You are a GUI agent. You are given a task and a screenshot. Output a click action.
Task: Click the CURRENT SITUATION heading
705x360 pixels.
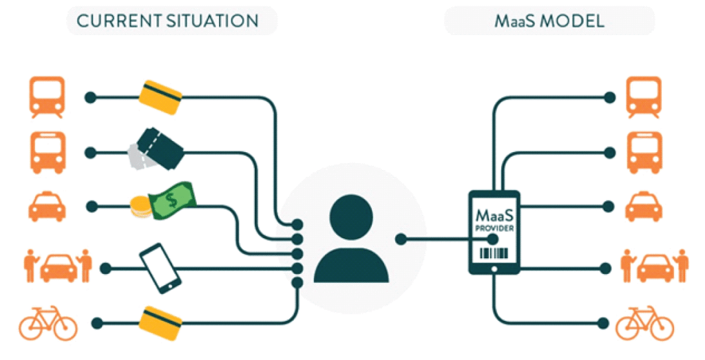167,21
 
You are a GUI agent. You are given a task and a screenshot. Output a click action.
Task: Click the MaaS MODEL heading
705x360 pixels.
549,21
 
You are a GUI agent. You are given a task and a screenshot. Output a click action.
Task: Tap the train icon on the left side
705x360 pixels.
47,97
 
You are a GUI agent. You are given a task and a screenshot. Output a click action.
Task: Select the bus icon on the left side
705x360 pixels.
47,152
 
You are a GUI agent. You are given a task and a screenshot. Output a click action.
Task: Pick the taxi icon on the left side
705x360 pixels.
47,207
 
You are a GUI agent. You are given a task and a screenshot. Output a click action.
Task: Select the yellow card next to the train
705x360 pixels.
160,98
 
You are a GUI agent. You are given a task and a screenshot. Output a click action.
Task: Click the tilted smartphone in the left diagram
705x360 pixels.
160,268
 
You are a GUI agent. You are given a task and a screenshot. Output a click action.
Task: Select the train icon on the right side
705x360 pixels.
644,97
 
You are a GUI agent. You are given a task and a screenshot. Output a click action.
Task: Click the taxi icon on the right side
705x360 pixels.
644,207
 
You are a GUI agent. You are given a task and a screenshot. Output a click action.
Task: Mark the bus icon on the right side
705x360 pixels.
644,152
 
